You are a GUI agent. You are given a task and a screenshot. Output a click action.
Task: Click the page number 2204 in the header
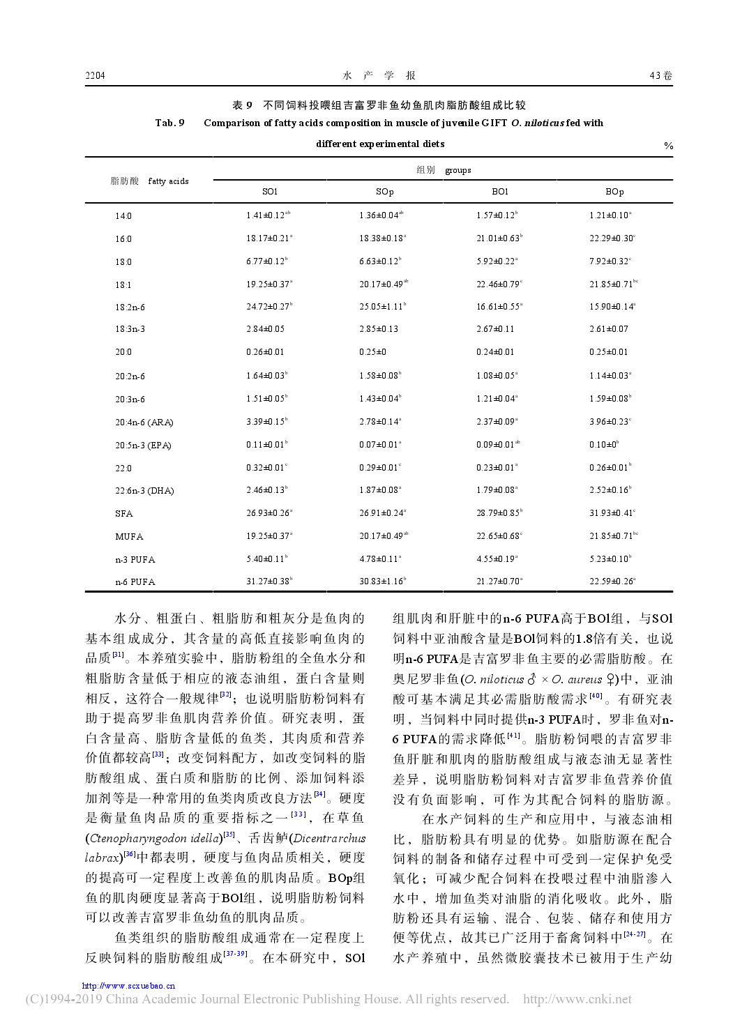(95, 76)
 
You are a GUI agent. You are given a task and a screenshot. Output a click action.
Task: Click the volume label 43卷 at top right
(660, 76)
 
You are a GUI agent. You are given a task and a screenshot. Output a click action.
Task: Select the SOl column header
(270, 192)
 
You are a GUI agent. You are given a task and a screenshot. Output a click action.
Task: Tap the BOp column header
(614, 192)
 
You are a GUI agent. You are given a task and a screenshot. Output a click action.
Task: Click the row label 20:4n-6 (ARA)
(144, 423)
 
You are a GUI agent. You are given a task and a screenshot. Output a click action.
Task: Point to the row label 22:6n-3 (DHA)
(144, 491)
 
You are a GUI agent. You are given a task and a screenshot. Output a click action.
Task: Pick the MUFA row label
(129, 537)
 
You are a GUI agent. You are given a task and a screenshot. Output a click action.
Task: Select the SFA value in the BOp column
(612, 513)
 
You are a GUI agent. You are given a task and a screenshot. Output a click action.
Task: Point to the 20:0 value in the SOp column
(372, 352)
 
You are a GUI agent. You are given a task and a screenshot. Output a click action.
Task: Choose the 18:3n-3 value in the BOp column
(608, 329)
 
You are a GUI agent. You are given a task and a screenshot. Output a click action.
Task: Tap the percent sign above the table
(668, 146)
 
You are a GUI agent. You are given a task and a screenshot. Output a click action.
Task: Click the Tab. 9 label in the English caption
(169, 123)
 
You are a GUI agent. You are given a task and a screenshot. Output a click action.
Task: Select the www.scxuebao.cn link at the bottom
(128, 986)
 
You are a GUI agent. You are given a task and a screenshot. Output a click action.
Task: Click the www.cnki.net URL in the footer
(577, 999)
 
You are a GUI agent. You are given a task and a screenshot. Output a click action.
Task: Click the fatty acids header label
(168, 181)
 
